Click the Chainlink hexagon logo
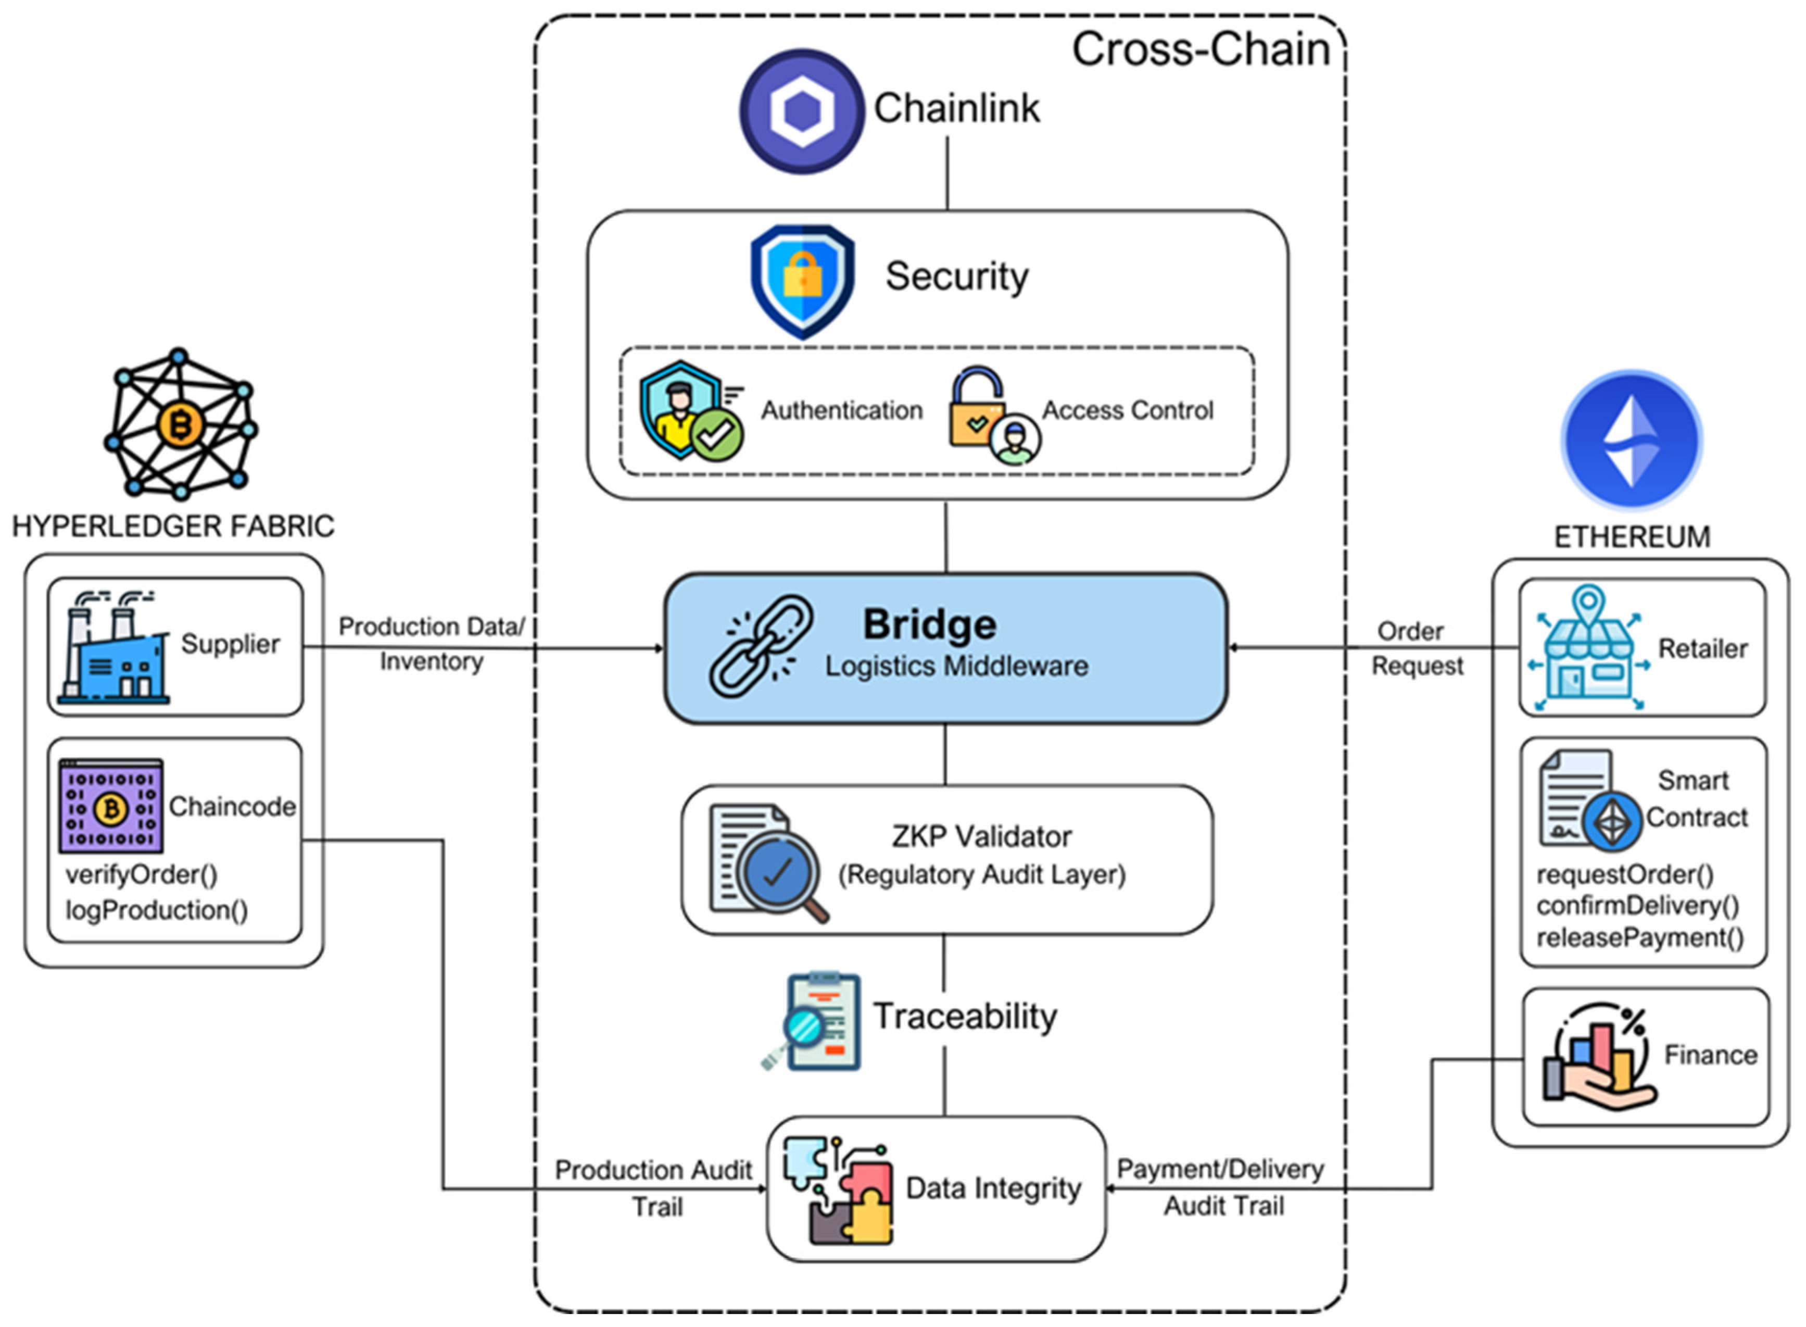pyautogui.click(x=801, y=111)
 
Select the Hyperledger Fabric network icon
pyautogui.click(x=180, y=423)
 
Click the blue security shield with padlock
pyautogui.click(x=802, y=281)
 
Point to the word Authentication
pyautogui.click(x=842, y=410)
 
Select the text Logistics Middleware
pyautogui.click(x=956, y=666)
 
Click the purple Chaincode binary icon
pyautogui.click(x=111, y=806)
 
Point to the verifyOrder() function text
pyautogui.click(x=141, y=875)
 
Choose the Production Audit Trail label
pyautogui.click(x=654, y=1188)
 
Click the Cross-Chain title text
pyautogui.click(x=1201, y=50)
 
